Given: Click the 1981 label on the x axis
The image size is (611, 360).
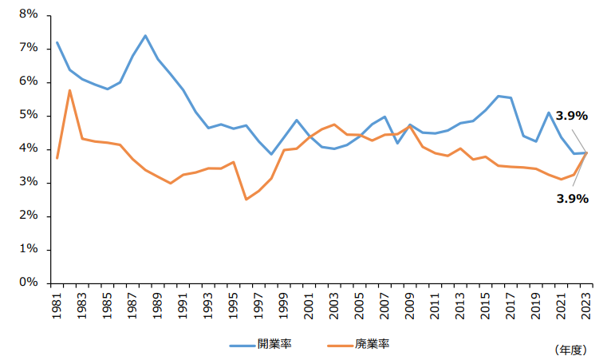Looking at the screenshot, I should tap(57, 307).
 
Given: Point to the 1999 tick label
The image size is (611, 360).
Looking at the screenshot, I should tap(283, 307).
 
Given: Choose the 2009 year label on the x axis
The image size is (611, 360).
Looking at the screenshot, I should tap(409, 307).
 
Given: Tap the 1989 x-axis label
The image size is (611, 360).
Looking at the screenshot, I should tap(158, 307).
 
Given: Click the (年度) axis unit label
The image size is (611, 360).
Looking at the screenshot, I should tap(569, 350).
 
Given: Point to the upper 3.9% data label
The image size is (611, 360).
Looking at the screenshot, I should tap(572, 116).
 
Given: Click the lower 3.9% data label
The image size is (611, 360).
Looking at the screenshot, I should tap(572, 198).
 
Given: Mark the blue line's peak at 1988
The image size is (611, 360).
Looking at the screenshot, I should tap(145, 35).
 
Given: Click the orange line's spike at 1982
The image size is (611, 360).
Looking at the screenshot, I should tap(69, 90).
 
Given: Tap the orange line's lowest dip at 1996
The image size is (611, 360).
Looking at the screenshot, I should tap(246, 199).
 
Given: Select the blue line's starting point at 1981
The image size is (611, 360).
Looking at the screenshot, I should tap(57, 42).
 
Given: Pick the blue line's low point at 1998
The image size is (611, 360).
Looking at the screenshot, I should tap(271, 154).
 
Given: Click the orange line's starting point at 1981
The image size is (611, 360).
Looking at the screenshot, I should tap(57, 158).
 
